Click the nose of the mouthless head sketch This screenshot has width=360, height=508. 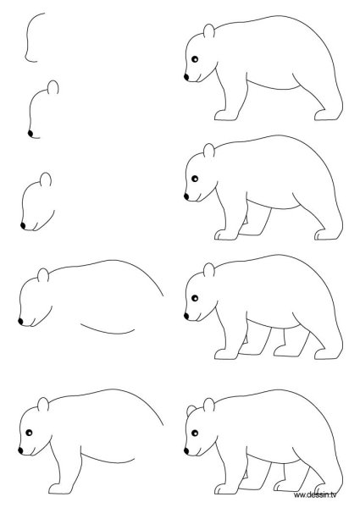coord(31,133)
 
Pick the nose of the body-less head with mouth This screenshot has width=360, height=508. coord(21,226)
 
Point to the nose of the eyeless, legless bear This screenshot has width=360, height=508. coord(20,322)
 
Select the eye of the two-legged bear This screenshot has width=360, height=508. coord(196,58)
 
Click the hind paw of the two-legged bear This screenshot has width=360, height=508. coord(324,114)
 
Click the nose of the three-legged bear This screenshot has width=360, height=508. coord(186,197)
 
